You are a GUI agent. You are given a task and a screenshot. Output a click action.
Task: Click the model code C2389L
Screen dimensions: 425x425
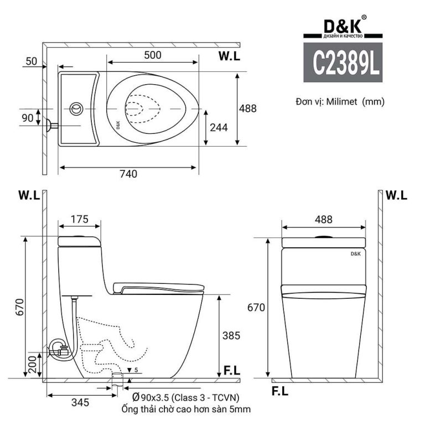pyautogui.click(x=346, y=63)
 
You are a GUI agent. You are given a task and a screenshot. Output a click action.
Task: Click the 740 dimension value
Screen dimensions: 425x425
pyautogui.click(x=128, y=174)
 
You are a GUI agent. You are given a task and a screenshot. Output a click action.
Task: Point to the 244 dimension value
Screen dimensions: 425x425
pyautogui.click(x=219, y=127)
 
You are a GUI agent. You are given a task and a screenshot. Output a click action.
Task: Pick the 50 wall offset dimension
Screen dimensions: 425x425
pyautogui.click(x=30, y=61)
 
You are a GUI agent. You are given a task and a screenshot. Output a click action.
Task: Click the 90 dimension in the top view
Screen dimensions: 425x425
pyautogui.click(x=27, y=117)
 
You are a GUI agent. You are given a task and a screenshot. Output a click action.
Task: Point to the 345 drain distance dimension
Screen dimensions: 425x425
pyautogui.click(x=80, y=402)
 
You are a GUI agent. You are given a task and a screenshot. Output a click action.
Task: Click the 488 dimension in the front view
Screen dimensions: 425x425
pyautogui.click(x=323, y=219)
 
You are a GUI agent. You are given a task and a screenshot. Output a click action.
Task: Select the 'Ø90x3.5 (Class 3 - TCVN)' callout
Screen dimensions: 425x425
pyautogui.click(x=185, y=398)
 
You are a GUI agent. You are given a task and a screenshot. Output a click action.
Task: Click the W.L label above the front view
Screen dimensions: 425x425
pyautogui.click(x=396, y=195)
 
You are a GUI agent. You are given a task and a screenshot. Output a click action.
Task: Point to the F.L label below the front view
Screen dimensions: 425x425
pyautogui.click(x=280, y=392)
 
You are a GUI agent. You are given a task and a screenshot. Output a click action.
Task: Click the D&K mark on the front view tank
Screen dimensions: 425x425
pyautogui.click(x=355, y=253)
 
